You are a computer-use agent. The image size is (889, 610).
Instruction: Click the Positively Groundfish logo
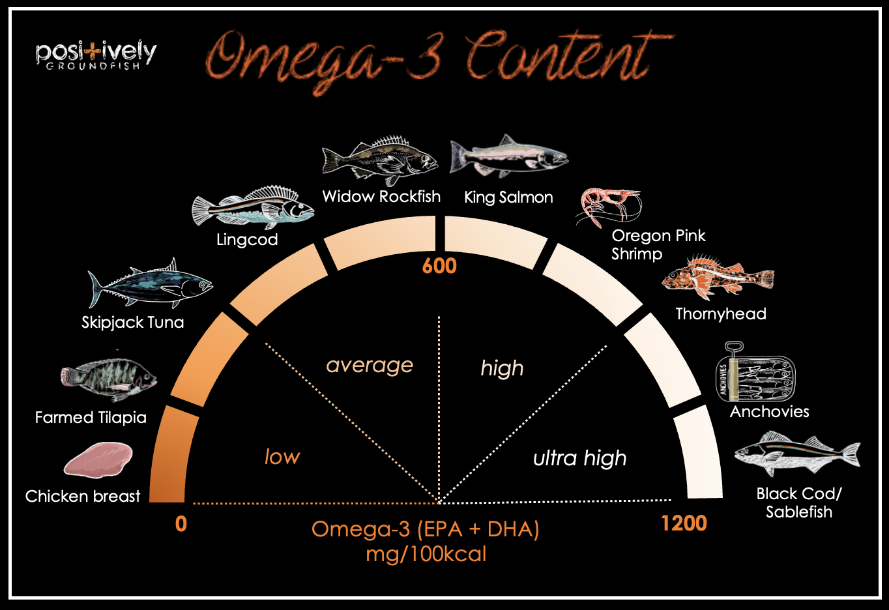pyautogui.click(x=96, y=54)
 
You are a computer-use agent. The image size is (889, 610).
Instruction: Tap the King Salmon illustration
pyautogui.click(x=508, y=157)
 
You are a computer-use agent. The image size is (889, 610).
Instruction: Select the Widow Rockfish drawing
pyautogui.click(x=380, y=160)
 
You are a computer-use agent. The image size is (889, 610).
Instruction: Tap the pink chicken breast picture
pyautogui.click(x=98, y=459)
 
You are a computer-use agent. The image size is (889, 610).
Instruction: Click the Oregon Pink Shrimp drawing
pyautogui.click(x=608, y=207)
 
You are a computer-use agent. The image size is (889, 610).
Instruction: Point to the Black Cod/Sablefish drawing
pyautogui.click(x=797, y=454)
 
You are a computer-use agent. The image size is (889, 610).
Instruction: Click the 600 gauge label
pyautogui.click(x=439, y=266)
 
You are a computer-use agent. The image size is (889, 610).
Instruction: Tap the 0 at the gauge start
pyautogui.click(x=181, y=524)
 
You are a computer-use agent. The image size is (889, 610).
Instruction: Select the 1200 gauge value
pyautogui.click(x=684, y=523)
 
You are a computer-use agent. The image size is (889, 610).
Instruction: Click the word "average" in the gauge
pyautogui.click(x=370, y=365)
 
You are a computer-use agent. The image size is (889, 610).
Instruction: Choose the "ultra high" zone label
pyautogui.click(x=579, y=458)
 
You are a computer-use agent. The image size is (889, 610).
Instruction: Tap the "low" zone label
pyautogui.click(x=282, y=457)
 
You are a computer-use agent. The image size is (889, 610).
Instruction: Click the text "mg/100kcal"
pyautogui.click(x=426, y=555)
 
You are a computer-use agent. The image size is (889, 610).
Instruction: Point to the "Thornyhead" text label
pyautogui.click(x=720, y=314)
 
